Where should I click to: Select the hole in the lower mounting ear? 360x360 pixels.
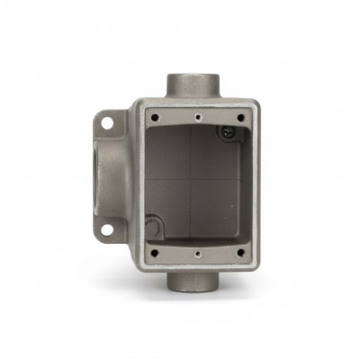[106, 230]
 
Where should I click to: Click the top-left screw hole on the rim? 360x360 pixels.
[153, 115]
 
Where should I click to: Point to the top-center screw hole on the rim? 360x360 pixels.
[197, 116]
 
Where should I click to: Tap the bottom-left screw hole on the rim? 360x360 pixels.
[154, 252]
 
